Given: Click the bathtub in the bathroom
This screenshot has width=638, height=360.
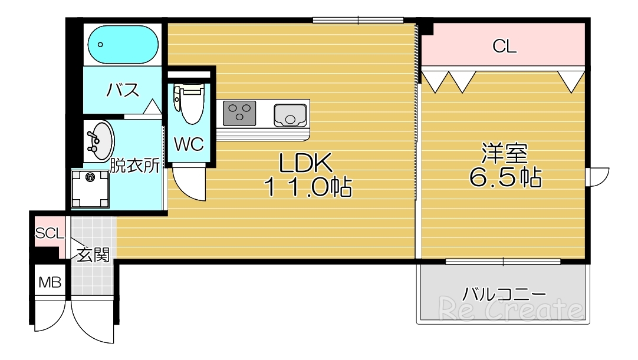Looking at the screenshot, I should click(x=123, y=44).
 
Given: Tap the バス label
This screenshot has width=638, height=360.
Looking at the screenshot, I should click(x=123, y=90).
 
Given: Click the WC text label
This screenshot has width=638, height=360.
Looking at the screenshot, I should click(x=189, y=144).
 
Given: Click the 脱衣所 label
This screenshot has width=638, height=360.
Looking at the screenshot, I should click(x=135, y=166).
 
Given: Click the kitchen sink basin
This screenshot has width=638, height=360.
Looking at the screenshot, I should click(x=291, y=113).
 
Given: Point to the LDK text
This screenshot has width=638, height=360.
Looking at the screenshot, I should click(x=307, y=163).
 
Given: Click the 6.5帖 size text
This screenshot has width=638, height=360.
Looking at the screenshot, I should click(x=505, y=176).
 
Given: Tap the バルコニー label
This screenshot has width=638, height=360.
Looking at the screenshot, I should click(x=504, y=293).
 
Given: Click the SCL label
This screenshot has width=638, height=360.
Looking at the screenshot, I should click(x=49, y=233).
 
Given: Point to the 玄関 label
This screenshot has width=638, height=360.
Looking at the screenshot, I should click(x=94, y=255).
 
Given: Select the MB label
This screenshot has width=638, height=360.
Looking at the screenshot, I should click(x=50, y=283).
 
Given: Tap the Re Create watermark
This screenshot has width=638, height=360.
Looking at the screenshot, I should click(x=510, y=308).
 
